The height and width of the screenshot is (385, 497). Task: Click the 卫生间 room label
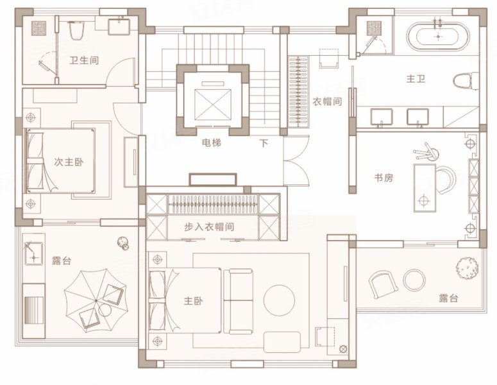tap(84, 60)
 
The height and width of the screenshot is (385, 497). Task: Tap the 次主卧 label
tap(69, 162)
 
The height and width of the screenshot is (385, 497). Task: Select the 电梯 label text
tap(212, 143)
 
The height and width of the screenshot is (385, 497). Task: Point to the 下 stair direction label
tap(264, 143)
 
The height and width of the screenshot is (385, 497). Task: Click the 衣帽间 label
tap(328, 101)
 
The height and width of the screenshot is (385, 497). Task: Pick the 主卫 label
tap(416, 78)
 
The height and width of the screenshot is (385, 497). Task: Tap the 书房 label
tap(383, 178)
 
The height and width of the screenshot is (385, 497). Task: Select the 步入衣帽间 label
tap(209, 227)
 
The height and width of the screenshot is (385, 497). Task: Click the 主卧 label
tap(193, 301)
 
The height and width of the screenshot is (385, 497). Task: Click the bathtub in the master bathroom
tap(438, 36)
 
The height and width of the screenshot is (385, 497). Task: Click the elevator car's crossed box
tap(213, 105)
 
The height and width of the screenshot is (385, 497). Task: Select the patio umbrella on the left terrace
tap(96, 300)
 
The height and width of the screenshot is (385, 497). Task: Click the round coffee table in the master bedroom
tap(279, 300)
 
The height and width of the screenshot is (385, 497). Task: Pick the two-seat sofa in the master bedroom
tap(239, 302)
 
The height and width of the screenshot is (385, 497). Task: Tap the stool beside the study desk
tap(427, 152)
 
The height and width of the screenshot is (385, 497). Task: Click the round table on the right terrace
tap(414, 280)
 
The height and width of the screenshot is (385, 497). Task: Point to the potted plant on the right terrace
tap(468, 268)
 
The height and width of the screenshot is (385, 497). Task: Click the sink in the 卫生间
tap(119, 27)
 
